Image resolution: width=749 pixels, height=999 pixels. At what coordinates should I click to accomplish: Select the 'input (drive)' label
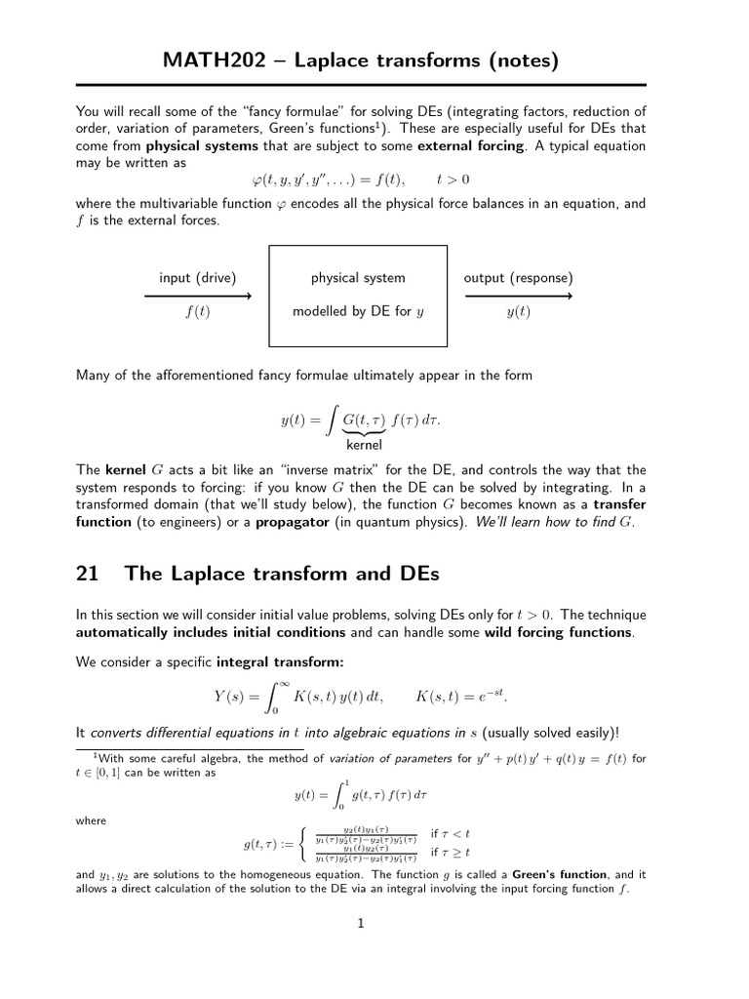tap(198, 278)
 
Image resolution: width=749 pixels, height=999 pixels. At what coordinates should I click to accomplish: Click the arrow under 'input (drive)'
tap(198, 296)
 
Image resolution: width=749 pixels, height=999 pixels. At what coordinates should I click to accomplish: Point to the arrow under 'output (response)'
tap(518, 296)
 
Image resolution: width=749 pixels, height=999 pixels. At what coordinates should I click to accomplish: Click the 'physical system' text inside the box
tap(358, 278)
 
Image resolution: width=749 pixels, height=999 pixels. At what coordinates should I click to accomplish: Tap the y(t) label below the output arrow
tap(518, 312)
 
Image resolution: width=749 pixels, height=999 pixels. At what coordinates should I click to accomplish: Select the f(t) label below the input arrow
tap(198, 312)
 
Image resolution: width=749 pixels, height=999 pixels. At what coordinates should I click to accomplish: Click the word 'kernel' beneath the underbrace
tap(363, 445)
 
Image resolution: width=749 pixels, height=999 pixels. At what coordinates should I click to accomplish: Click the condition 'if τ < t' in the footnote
tap(451, 834)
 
